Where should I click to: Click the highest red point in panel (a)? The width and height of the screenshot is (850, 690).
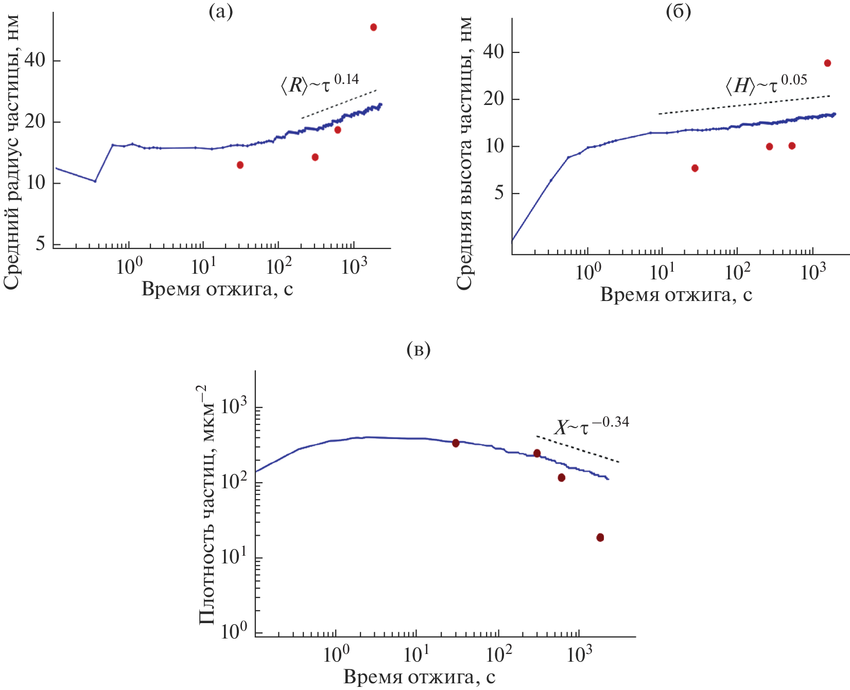(x=373, y=27)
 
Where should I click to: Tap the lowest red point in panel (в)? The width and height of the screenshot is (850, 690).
(x=600, y=538)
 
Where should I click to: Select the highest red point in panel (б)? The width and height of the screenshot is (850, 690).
(x=827, y=63)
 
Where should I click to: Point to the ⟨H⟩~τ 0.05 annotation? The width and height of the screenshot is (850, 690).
(x=766, y=84)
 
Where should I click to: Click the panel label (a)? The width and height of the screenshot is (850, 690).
(x=220, y=12)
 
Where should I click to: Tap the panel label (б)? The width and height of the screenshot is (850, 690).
(x=678, y=12)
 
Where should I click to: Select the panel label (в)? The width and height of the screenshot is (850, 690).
(x=418, y=350)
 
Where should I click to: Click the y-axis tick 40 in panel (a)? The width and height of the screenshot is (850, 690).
(x=34, y=61)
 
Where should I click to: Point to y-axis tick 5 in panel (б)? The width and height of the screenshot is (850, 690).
(x=498, y=193)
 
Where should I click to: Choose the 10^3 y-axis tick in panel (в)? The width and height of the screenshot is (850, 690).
(x=235, y=407)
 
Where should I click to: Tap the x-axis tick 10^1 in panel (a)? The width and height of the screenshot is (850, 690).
(x=204, y=266)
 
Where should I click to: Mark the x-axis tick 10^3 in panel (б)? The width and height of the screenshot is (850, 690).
(x=813, y=272)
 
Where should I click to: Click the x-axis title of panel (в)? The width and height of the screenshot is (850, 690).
(x=419, y=677)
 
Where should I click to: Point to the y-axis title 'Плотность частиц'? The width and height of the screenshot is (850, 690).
(x=207, y=504)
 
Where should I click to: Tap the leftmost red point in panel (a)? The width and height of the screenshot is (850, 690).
(x=240, y=165)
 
